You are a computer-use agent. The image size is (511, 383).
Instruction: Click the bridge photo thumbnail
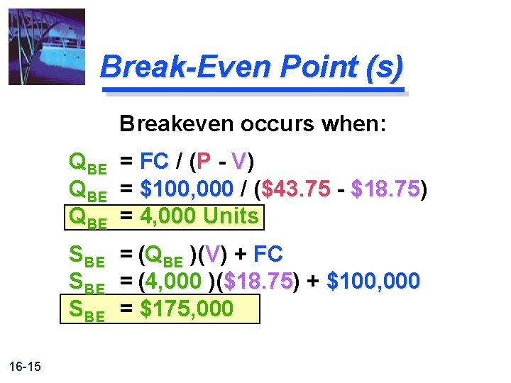(x=46, y=47)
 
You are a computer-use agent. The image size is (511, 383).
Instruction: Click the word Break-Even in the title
(x=185, y=67)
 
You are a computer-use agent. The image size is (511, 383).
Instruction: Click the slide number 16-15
(x=26, y=367)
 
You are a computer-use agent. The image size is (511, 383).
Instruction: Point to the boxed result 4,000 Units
(x=199, y=216)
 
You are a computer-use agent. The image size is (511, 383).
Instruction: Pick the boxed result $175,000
(x=187, y=309)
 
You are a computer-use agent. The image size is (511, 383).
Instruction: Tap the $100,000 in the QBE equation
(x=187, y=189)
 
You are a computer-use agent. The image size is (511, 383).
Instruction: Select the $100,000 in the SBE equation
(x=373, y=281)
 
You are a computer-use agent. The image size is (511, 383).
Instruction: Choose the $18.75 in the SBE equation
(x=258, y=281)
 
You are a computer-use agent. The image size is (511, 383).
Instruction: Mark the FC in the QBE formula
(x=153, y=162)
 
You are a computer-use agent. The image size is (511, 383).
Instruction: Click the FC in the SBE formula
(x=268, y=253)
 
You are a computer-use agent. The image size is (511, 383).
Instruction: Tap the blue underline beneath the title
(x=253, y=91)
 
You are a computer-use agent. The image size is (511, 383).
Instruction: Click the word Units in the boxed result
(x=231, y=216)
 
